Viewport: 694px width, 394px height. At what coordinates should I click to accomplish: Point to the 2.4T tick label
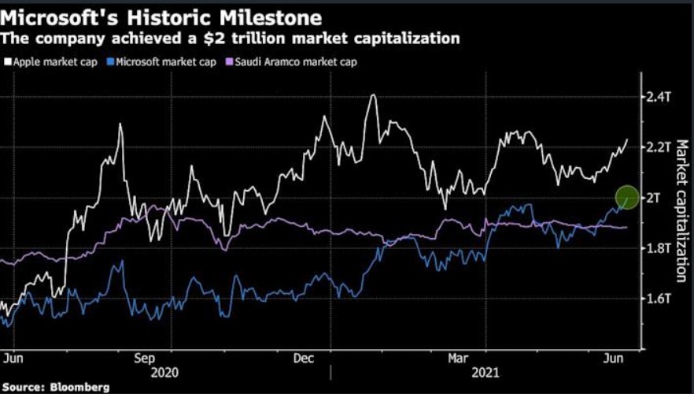(658, 97)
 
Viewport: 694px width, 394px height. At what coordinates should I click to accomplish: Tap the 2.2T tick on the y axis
(658, 147)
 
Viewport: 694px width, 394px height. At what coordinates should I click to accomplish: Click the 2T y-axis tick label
(655, 198)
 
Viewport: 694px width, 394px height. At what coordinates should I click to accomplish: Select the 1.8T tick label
(658, 248)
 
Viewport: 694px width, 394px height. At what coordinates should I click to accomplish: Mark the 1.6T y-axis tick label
(658, 299)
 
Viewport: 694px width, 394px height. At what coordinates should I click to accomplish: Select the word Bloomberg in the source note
(78, 387)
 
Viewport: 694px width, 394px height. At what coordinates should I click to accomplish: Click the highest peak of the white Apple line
(372, 96)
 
